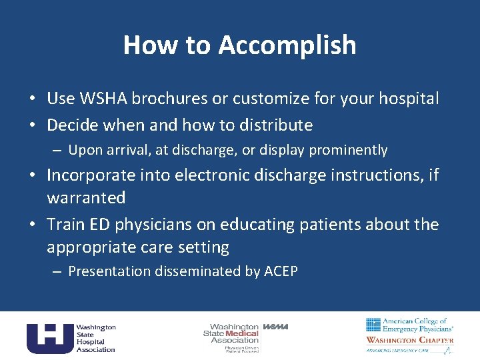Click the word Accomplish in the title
coord(287,45)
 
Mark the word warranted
coord(86,198)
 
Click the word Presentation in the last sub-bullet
coord(110,271)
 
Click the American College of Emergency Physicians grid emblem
coord(373,325)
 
